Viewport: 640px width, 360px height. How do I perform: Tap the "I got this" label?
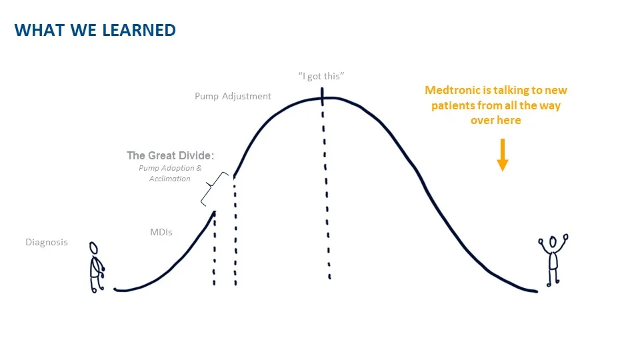coord(321,76)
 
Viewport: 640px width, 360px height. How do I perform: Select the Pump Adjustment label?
coord(233,96)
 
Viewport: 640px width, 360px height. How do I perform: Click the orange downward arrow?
coord(502,155)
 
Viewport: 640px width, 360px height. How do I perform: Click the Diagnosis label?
coord(47,242)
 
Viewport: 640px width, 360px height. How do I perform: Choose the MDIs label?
coord(161,232)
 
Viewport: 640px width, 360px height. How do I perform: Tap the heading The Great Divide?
coord(170,155)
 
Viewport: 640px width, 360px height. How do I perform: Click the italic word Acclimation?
coord(170,179)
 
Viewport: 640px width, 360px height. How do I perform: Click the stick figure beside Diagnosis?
coord(96,267)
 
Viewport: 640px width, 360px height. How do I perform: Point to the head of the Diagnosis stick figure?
coord(94,248)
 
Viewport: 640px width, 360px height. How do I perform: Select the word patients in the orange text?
coord(451,105)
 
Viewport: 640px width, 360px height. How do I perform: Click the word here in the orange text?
coord(508,120)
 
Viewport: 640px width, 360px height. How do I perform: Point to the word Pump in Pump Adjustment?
coord(206,96)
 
